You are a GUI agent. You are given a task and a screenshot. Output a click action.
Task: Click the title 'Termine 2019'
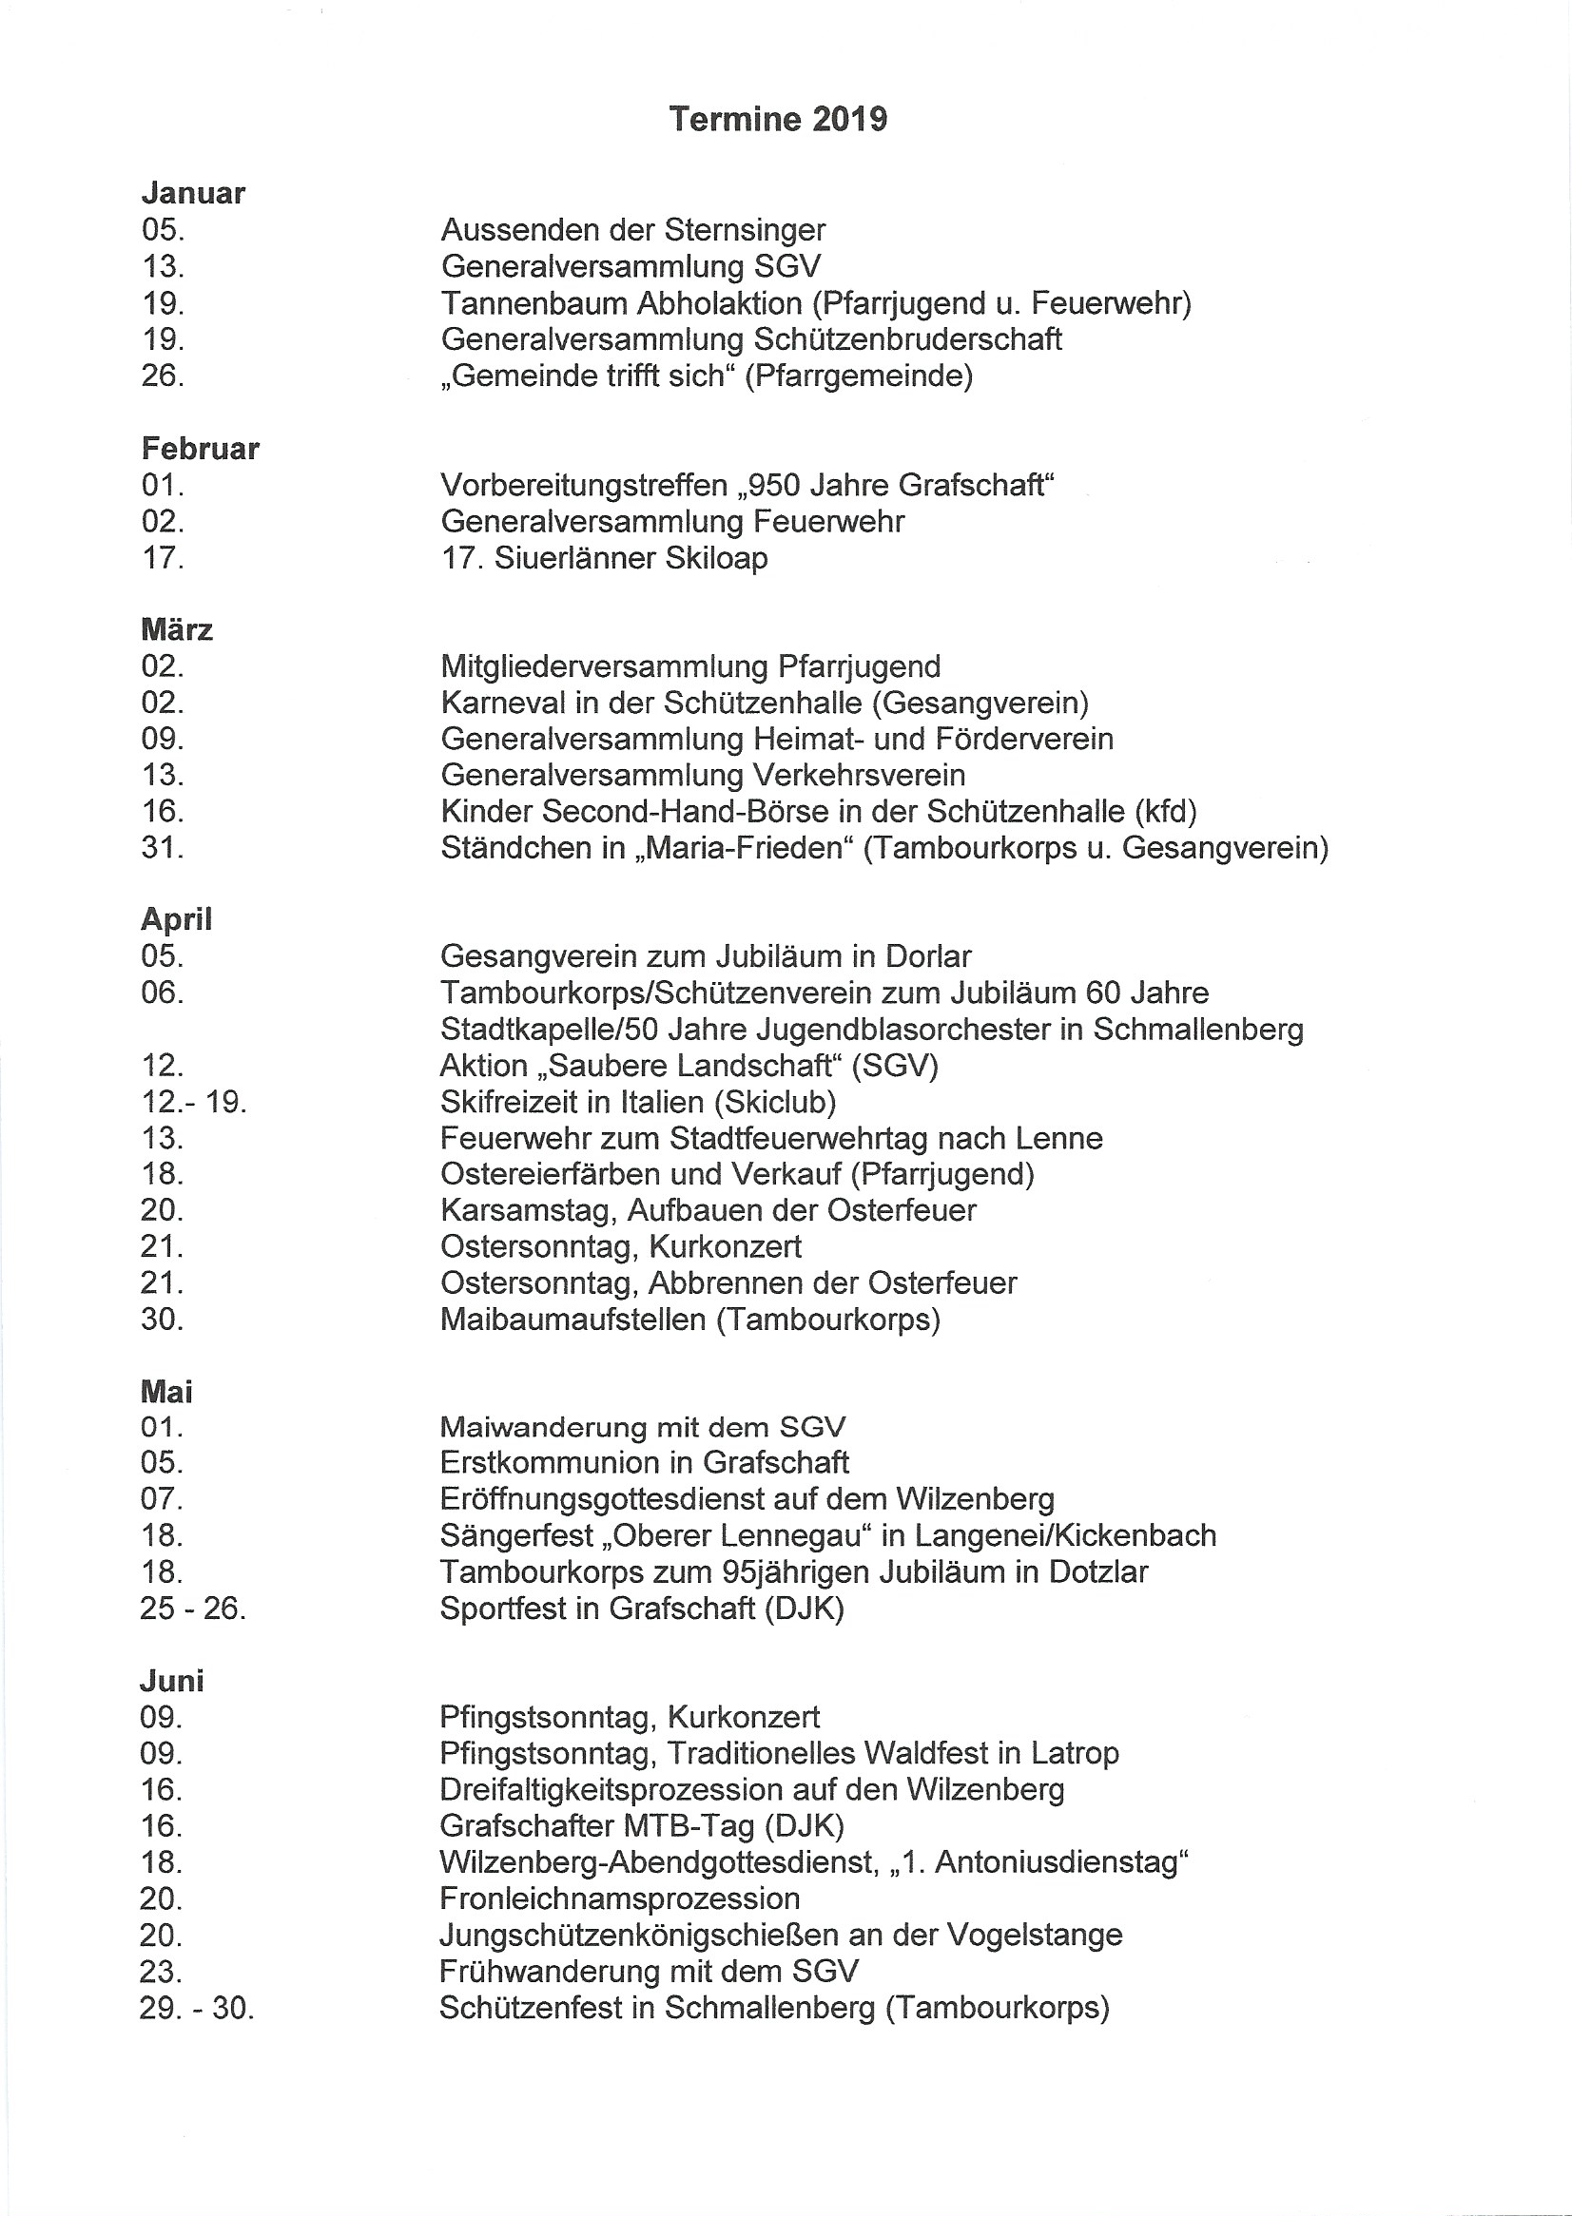tap(777, 119)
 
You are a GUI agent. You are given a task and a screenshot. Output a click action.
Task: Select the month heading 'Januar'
tap(194, 194)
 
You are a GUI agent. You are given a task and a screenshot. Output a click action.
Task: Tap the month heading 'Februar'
tap(201, 449)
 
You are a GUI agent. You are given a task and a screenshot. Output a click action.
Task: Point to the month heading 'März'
tap(177, 630)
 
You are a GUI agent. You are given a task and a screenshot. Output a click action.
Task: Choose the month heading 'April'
tap(176, 919)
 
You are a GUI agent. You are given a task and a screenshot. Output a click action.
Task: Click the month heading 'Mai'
tap(166, 1392)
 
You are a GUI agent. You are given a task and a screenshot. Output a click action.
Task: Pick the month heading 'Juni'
tap(172, 1681)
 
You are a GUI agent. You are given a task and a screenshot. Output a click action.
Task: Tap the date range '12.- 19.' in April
tap(194, 1101)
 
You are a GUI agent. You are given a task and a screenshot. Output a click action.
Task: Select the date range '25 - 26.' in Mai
tap(194, 1609)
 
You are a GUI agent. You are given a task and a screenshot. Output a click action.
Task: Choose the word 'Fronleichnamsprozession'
tap(619, 1898)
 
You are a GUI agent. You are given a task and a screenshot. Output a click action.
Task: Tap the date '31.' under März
tap(163, 848)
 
